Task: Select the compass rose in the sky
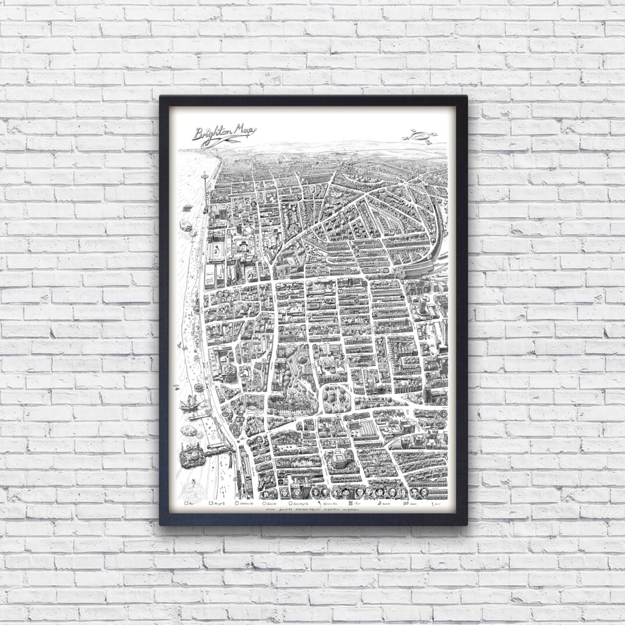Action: point(423,135)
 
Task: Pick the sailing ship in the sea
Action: point(189,403)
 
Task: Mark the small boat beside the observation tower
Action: point(187,226)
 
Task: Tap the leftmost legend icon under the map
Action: point(186,505)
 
